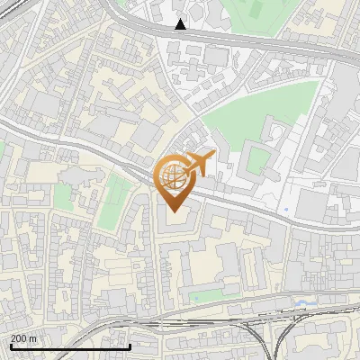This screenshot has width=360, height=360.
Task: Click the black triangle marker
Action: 181,24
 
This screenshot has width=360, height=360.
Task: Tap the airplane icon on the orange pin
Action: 200,165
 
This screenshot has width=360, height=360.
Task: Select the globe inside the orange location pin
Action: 172,175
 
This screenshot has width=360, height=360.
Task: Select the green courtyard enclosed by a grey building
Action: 258,159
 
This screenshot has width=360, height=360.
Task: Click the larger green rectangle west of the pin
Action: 114,200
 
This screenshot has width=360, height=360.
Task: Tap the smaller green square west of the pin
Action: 63,197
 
